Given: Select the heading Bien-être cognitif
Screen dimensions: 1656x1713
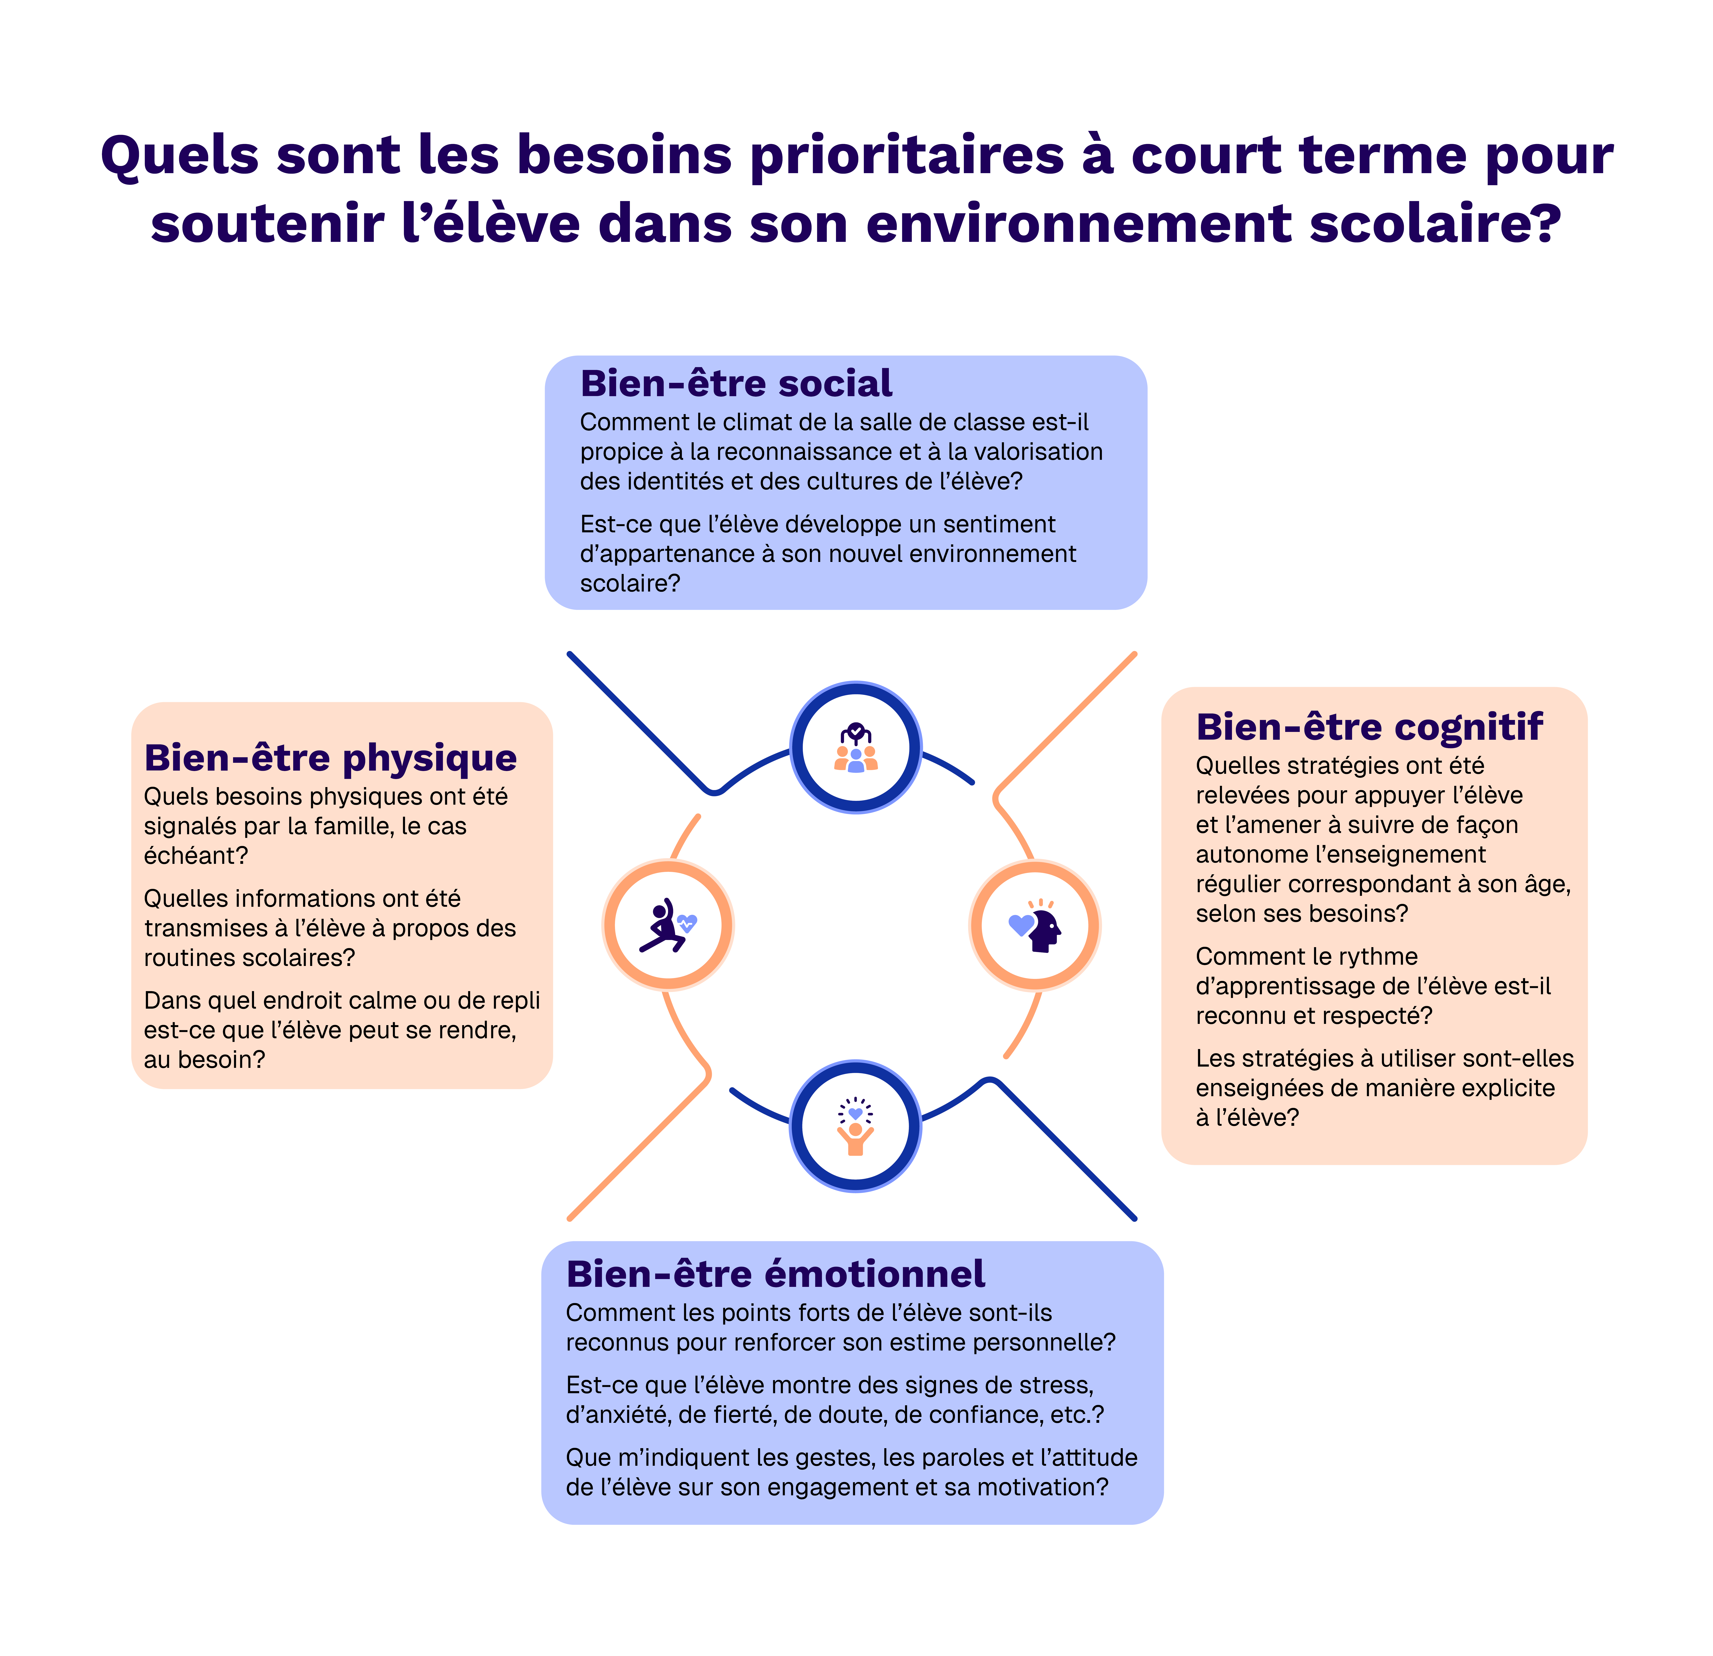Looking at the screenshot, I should coord(1369,727).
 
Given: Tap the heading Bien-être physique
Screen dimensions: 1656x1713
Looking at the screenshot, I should coord(330,758).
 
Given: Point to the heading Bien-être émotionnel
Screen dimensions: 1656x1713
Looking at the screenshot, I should coord(775,1274).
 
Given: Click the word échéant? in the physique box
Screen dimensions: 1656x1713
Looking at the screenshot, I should coord(196,856).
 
